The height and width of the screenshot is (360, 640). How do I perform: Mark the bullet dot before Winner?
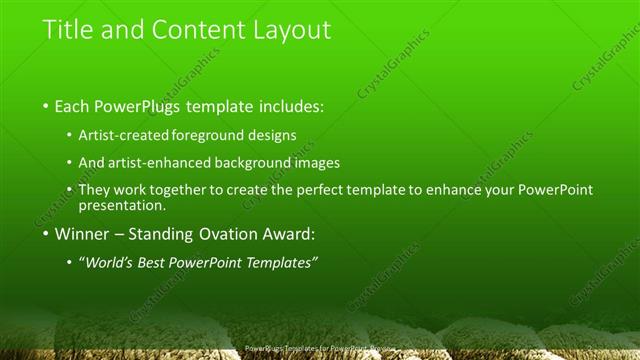(x=46, y=235)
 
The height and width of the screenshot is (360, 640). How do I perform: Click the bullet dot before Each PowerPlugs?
(x=46, y=107)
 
